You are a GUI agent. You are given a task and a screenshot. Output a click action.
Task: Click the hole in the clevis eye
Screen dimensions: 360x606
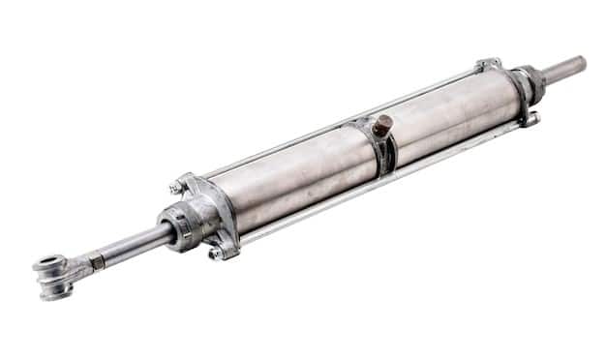[46, 263]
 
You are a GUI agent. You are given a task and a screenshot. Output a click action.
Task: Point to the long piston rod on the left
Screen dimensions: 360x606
[136, 244]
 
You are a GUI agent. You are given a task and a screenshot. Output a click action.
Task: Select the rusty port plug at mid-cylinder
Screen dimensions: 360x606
[383, 124]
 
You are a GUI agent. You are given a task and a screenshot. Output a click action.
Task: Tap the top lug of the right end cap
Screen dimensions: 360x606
[487, 64]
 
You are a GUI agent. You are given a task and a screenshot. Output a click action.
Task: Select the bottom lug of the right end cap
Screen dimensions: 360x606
[529, 120]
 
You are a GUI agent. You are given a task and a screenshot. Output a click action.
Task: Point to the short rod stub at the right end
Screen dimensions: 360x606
[564, 69]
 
